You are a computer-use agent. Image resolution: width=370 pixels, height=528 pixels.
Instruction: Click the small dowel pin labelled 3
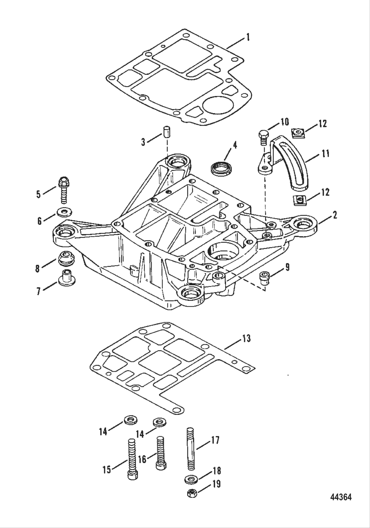[x=167, y=131]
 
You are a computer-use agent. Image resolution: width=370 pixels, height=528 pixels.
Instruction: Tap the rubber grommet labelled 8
[x=66, y=258]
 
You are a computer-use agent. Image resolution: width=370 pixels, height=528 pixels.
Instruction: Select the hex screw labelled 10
[x=263, y=137]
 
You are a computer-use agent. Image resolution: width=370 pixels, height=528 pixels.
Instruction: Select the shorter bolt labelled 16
[x=160, y=452]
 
